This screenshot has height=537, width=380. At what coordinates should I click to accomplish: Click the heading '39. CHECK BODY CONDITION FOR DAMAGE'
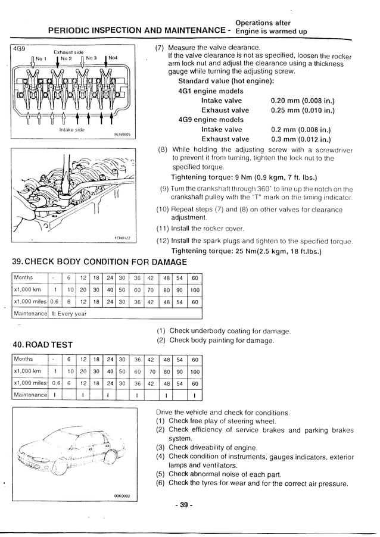tap(99, 262)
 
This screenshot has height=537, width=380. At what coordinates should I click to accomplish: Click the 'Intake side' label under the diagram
tap(71, 129)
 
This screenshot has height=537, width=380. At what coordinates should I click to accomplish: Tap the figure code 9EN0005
tap(122, 135)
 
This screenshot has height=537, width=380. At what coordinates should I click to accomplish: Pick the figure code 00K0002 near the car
tap(122, 495)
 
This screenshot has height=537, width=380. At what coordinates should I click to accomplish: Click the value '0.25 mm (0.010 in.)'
tap(302, 110)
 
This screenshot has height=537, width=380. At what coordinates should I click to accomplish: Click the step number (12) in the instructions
tap(163, 241)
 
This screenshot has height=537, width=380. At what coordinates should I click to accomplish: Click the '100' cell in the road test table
tap(195, 371)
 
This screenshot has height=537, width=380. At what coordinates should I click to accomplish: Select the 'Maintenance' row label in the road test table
tap(30, 395)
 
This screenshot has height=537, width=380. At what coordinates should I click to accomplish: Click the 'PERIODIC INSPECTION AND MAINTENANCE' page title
tap(136, 30)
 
